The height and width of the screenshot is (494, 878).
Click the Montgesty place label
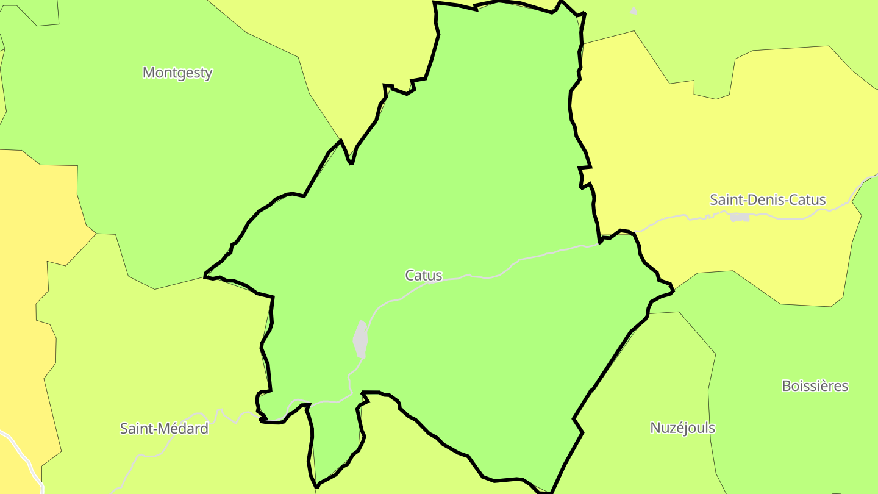pyautogui.click(x=177, y=73)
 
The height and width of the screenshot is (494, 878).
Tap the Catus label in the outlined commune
pyautogui.click(x=423, y=275)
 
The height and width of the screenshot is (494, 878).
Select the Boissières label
pyautogui.click(x=815, y=386)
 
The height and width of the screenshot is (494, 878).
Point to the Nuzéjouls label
pyautogui.click(x=682, y=428)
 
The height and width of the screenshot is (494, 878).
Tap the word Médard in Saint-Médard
pyautogui.click(x=182, y=429)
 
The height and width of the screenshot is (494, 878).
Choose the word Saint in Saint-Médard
pyautogui.click(x=135, y=429)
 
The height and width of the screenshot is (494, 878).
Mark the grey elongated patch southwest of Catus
pyautogui.click(x=361, y=339)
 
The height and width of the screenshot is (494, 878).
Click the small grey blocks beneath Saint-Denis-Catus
pyautogui.click(x=740, y=217)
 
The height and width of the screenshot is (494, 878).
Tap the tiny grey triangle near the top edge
pyautogui.click(x=634, y=10)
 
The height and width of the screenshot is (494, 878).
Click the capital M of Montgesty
pyautogui.click(x=148, y=73)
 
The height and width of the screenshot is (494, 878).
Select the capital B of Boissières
pyautogui.click(x=787, y=386)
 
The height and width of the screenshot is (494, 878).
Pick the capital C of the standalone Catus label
pyautogui.click(x=410, y=275)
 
